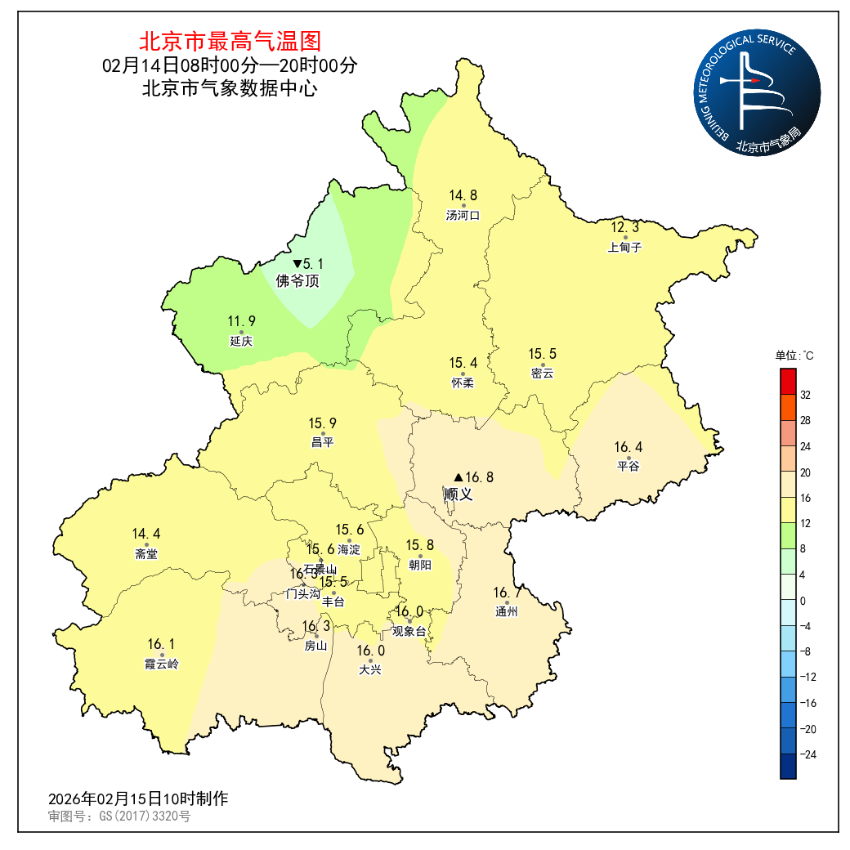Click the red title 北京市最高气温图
230,40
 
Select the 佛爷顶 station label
297,282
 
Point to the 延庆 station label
241,342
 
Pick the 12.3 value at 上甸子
625,227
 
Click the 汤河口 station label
463,216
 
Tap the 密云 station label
542,374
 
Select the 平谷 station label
628,466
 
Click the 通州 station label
507,611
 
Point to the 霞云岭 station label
161,664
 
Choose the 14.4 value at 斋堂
146,534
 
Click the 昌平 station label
322,442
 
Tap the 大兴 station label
370,670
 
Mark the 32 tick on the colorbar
805,395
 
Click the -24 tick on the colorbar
807,754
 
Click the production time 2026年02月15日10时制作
138,799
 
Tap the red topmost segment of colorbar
788,381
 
